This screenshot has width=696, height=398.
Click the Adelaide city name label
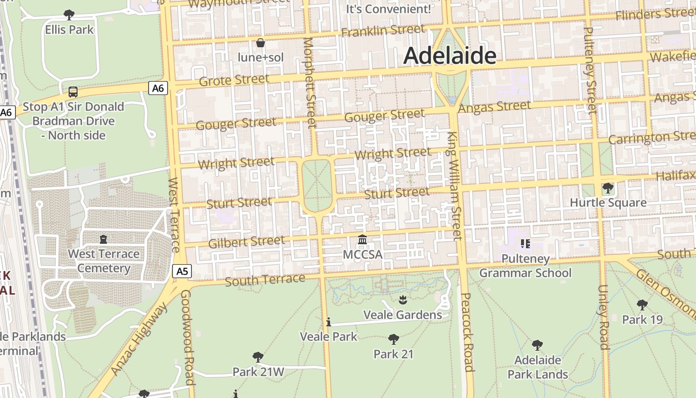pos(450,56)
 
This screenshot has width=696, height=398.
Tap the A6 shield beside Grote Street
pos(158,89)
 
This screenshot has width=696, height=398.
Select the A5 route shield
pos(182,271)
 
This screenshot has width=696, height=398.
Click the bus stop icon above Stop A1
pos(73,92)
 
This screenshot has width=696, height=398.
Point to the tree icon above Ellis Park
pos(69,15)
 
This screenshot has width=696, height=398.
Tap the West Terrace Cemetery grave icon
pos(103,239)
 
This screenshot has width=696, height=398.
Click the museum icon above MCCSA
pos(362,240)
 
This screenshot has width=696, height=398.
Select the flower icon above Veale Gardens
pos(402,299)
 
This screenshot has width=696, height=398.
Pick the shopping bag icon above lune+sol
pos(260,43)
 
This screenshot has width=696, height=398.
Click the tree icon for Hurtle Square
pos(608,188)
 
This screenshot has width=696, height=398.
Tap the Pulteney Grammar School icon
pos(525,244)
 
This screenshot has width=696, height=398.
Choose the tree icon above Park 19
pos(642,304)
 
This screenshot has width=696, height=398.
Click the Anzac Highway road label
pos(140,338)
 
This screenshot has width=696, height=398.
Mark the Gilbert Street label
pos(247,242)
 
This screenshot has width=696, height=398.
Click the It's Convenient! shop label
pos(388,8)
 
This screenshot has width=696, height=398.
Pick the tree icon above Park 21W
pos(258,357)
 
